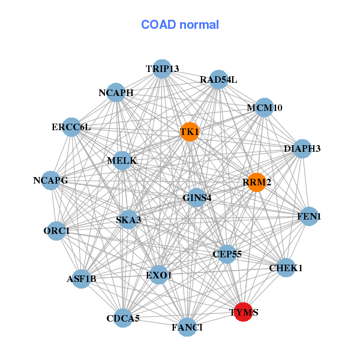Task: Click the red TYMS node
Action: tap(244, 312)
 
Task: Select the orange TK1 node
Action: tap(190, 132)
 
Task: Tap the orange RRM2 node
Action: tap(257, 182)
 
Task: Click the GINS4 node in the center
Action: tap(197, 197)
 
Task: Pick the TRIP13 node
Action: tap(162, 69)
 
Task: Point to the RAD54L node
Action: tap(218, 79)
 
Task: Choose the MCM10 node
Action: tap(264, 107)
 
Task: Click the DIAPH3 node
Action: tap(302, 149)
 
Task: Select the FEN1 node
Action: tap(309, 216)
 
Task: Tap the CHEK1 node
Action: tap(286, 268)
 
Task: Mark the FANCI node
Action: tap(187, 327)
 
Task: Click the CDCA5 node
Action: tap(123, 318)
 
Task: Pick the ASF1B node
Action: tap(81, 279)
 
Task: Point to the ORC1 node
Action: tap(56, 231)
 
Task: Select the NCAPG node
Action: tap(50, 181)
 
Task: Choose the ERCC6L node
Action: tap(71, 127)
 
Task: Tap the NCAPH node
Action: tap(116, 92)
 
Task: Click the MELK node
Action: tap(122, 161)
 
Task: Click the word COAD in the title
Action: tap(158, 25)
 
